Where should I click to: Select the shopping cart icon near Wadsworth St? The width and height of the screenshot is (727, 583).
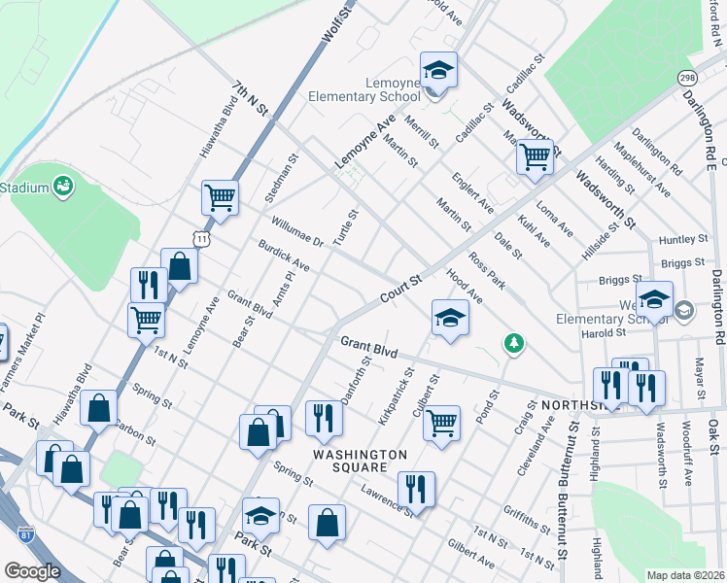tap(535, 155)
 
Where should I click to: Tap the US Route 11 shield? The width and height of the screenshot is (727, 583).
tap(200, 237)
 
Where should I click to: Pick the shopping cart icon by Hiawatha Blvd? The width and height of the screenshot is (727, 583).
tap(220, 197)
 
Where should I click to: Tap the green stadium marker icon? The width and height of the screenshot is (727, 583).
tap(63, 185)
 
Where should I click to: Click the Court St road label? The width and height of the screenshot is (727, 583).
tap(401, 289)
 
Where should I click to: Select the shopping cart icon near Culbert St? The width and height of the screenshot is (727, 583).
tap(442, 423)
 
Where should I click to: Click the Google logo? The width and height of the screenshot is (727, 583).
tap(32, 571)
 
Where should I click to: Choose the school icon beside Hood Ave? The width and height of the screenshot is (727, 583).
tap(449, 318)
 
